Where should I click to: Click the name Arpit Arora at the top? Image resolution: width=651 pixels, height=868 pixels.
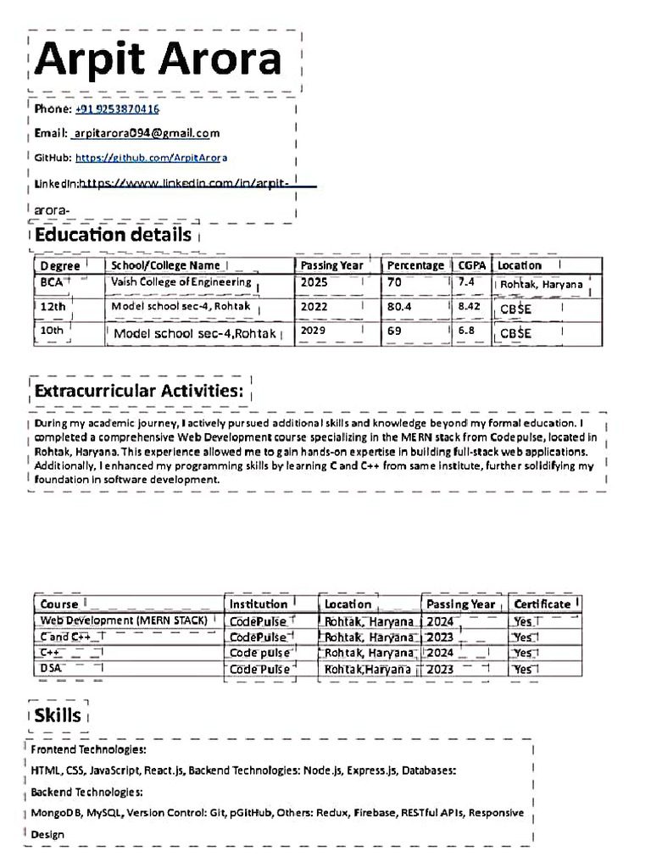click(159, 59)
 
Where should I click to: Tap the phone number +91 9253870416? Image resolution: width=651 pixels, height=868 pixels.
click(117, 109)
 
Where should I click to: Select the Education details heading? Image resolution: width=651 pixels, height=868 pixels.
click(113, 235)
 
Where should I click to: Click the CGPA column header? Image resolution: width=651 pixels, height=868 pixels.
click(472, 265)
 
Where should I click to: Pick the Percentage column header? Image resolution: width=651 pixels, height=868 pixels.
click(415, 265)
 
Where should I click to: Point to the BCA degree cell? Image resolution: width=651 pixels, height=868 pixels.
click(52, 282)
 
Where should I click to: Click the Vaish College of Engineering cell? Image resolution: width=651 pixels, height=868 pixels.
click(181, 282)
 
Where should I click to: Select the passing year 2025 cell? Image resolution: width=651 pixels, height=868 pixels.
click(314, 282)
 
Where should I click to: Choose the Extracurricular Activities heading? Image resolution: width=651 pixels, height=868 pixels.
click(139, 391)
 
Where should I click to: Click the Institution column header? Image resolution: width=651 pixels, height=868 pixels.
click(259, 604)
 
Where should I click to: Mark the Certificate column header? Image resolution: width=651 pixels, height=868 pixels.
click(542, 604)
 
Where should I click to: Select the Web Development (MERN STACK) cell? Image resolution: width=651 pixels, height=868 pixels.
click(124, 620)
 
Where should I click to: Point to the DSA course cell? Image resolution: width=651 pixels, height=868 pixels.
click(51, 669)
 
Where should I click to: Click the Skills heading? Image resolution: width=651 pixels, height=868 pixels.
click(58, 715)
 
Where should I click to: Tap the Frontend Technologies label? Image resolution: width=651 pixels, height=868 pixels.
click(88, 750)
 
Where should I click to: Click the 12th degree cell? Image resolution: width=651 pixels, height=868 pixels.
click(53, 306)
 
